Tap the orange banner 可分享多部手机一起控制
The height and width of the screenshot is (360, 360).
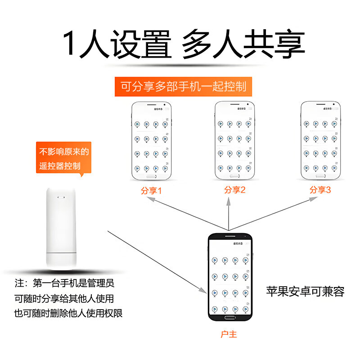point(183,86)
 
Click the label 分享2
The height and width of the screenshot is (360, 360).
point(234,190)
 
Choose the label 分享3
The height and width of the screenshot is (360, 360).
point(320,190)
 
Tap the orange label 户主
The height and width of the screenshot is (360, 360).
point(229,334)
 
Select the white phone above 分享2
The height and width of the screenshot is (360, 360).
point(234,140)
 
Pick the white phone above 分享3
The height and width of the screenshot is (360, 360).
point(320,140)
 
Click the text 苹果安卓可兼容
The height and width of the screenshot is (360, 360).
point(305,292)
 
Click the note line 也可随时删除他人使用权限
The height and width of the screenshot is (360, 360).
point(68,313)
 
